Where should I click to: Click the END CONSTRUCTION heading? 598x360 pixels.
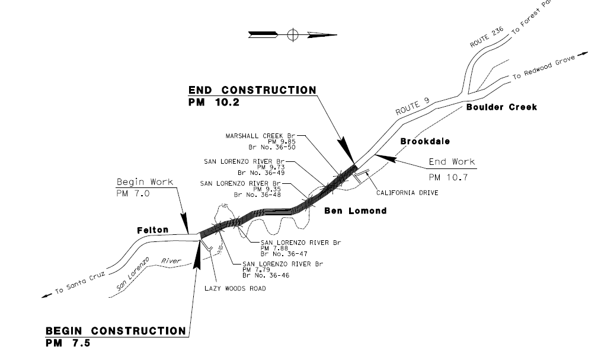pyautogui.click(x=252, y=90)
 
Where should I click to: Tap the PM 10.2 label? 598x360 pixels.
pyautogui.click(x=213, y=103)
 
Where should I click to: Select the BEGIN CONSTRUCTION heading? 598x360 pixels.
pyautogui.click(x=116, y=330)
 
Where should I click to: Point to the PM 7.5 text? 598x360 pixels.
pyautogui.click(x=68, y=343)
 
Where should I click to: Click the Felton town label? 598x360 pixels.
pyautogui.click(x=152, y=230)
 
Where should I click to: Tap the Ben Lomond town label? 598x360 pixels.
pyautogui.click(x=356, y=211)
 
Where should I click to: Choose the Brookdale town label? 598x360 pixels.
pyautogui.click(x=425, y=141)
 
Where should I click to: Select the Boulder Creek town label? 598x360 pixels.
pyautogui.click(x=501, y=107)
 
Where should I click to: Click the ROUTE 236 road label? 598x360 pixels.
pyautogui.click(x=487, y=37)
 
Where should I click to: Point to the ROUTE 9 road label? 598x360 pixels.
pyautogui.click(x=412, y=107)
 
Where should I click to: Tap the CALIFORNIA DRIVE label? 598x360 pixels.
pyautogui.click(x=407, y=193)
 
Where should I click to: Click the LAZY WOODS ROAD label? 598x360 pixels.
pyautogui.click(x=235, y=288)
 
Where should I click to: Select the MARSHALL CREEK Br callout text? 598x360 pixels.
pyautogui.click(x=261, y=136)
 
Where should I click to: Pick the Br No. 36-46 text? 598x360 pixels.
pyautogui.click(x=266, y=275)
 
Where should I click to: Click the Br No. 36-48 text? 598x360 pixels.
pyautogui.click(x=257, y=195)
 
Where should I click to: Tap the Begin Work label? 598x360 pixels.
pyautogui.click(x=145, y=182)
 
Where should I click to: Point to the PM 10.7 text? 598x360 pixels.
pyautogui.click(x=448, y=177)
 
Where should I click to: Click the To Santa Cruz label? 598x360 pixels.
pyautogui.click(x=80, y=282)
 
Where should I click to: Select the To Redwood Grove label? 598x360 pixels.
pyautogui.click(x=544, y=68)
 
